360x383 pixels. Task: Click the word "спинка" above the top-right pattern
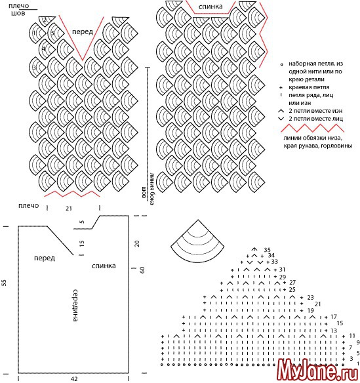(210, 7)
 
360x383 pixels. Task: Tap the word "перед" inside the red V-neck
(83, 31)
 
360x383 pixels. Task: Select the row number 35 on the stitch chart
(267, 250)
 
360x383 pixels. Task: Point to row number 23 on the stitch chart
(310, 297)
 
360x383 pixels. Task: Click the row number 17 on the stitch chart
(334, 317)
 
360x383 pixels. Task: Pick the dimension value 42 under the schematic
(73, 379)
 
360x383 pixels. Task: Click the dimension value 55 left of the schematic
(4, 283)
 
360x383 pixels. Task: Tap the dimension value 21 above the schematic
(69, 209)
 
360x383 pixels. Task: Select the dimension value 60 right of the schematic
(142, 270)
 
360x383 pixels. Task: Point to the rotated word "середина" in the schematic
(75, 306)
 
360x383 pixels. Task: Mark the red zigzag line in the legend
(312, 128)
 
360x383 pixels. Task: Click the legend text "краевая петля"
(309, 87)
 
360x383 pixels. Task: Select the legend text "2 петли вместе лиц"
(315, 119)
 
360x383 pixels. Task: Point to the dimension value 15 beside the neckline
(82, 243)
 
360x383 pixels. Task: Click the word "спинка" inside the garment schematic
(104, 266)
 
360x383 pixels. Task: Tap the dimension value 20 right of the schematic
(137, 243)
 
